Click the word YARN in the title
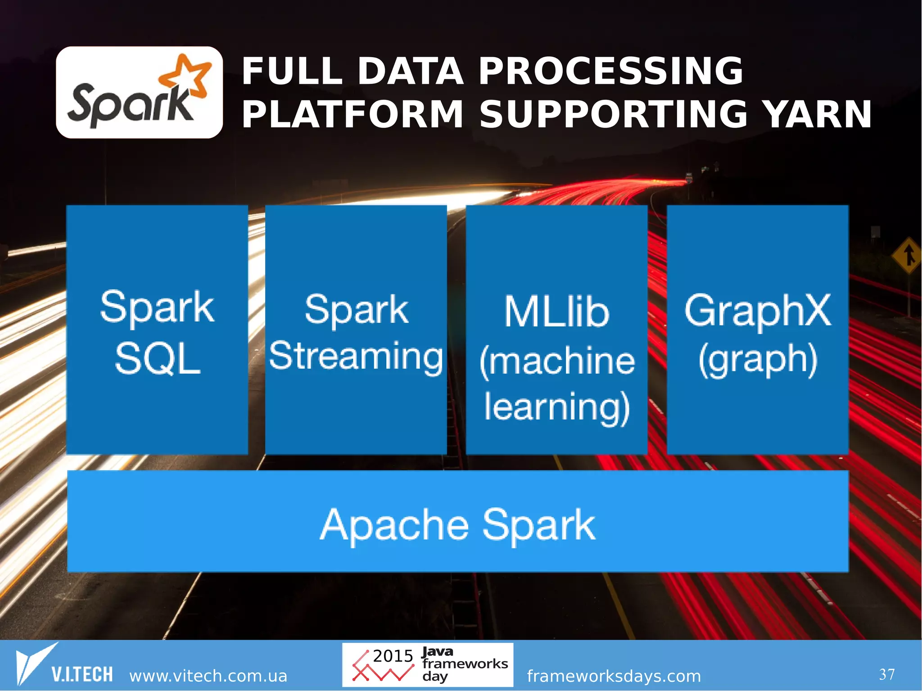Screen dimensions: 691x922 (x=819, y=114)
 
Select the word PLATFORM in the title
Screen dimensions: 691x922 (x=353, y=114)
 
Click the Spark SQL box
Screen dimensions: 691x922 (x=157, y=330)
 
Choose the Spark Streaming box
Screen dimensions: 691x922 (x=356, y=330)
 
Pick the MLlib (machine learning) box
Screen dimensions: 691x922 (x=556, y=330)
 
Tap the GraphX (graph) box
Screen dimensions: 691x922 (x=757, y=330)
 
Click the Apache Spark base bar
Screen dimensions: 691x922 (x=457, y=521)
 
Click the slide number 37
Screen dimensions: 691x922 (x=886, y=674)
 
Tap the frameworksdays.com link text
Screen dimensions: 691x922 (x=614, y=676)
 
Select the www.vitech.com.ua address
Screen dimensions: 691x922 (x=208, y=676)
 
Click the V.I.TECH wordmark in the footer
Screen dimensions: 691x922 (x=82, y=674)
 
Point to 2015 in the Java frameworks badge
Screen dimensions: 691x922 (x=393, y=656)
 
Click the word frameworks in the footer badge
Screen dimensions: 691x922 (x=465, y=664)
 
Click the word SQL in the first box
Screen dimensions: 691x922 (x=157, y=359)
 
